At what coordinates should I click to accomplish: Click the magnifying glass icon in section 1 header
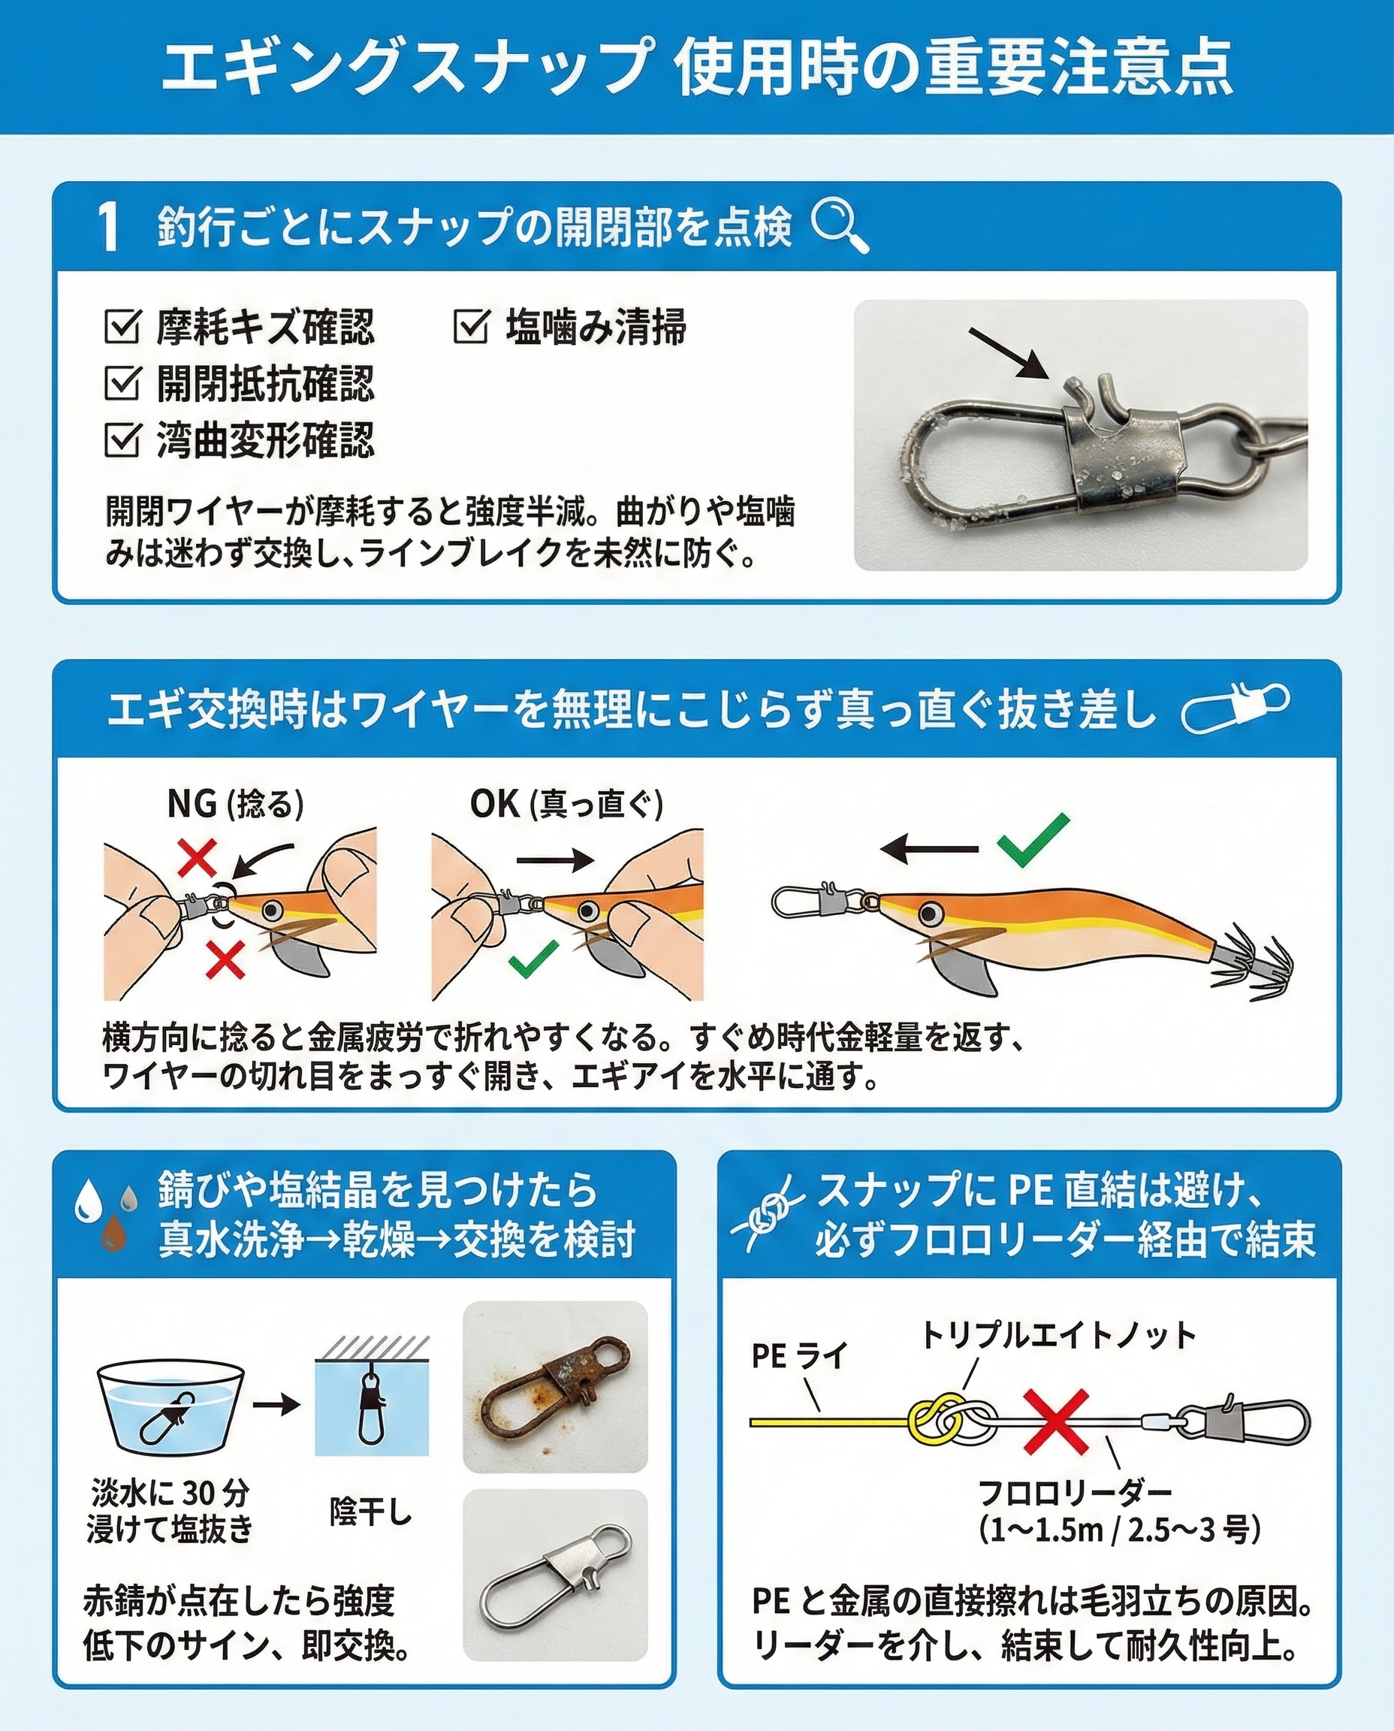pyautogui.click(x=839, y=226)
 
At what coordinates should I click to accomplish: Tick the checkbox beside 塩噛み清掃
pyautogui.click(x=471, y=326)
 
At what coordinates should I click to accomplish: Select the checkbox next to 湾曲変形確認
pyautogui.click(x=122, y=440)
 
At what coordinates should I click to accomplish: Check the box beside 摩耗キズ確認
pyautogui.click(x=122, y=326)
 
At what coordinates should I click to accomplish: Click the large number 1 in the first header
pyautogui.click(x=109, y=226)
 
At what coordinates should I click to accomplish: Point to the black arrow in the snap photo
pyautogui.click(x=1009, y=352)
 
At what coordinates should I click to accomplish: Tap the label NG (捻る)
pyautogui.click(x=235, y=803)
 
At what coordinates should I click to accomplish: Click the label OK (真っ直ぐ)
pyautogui.click(x=567, y=803)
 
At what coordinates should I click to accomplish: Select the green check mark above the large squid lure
pyautogui.click(x=1033, y=839)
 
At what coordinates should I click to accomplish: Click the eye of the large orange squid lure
pyautogui.click(x=931, y=914)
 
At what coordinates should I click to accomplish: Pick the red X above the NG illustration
pyautogui.click(x=197, y=857)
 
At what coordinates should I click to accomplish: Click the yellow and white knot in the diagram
pyautogui.click(x=952, y=1421)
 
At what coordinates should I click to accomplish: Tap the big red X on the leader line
pyautogui.click(x=1057, y=1421)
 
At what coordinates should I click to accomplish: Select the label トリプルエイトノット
pyautogui.click(x=1058, y=1336)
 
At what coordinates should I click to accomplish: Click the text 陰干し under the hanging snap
pyautogui.click(x=370, y=1512)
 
